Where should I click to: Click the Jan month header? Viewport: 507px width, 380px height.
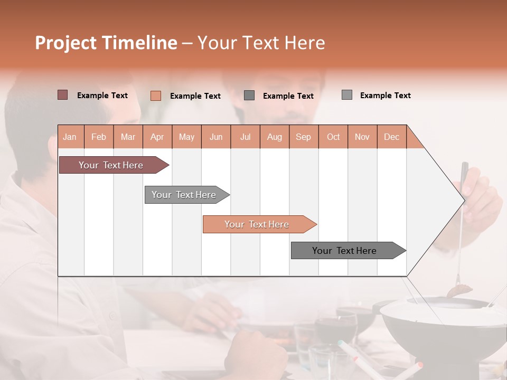tap(70, 137)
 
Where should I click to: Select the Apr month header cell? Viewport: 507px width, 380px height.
tap(157, 137)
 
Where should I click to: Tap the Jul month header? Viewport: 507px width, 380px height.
tap(245, 137)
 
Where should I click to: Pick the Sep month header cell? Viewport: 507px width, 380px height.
tap(303, 137)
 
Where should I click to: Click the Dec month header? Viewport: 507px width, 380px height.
tap(391, 137)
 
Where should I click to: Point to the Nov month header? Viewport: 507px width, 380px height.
tap(362, 137)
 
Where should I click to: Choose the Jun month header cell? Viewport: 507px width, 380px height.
tap(216, 137)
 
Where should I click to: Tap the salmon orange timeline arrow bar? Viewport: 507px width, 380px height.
tap(257, 224)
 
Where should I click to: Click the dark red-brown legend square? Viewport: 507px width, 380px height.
tap(62, 95)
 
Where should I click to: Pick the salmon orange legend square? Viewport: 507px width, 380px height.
tap(155, 96)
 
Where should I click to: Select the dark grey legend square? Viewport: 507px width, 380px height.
tap(249, 96)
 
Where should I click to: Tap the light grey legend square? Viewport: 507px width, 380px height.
tap(346, 95)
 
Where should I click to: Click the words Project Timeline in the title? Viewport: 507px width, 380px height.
tap(106, 43)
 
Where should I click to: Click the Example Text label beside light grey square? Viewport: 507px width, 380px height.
tap(385, 96)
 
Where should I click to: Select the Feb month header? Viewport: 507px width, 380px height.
tap(99, 137)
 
